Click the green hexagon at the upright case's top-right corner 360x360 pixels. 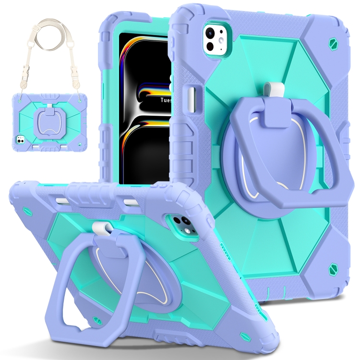click(x=333, y=43)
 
